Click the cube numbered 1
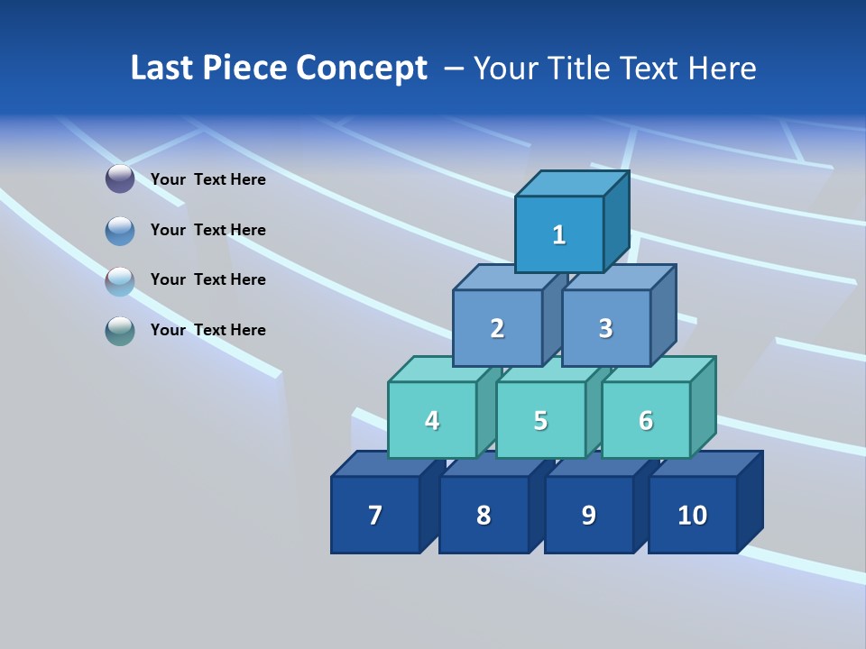pos(559,234)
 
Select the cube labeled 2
pos(497,328)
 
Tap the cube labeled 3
pos(605,328)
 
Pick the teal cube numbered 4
pos(432,420)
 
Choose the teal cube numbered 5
pos(540,420)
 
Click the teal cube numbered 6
pos(646,420)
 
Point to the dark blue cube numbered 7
pos(375,515)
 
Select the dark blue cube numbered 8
pos(484,515)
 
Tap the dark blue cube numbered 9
pos(589,515)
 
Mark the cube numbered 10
pos(693,515)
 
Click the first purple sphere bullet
pos(120,179)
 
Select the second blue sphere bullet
pos(120,231)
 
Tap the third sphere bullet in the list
pos(120,281)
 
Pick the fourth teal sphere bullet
pos(120,331)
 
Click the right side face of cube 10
pos(750,501)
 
